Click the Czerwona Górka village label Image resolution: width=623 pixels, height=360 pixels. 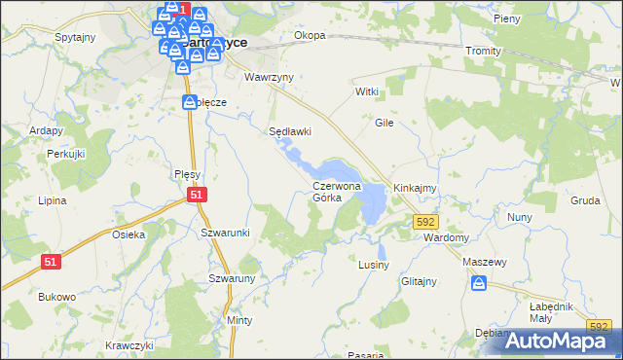point(337,191)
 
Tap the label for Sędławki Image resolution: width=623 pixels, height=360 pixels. point(290,131)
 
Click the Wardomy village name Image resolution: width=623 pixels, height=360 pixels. point(447,237)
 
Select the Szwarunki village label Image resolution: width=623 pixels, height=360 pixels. point(226,233)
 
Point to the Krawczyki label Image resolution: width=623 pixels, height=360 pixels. point(130,345)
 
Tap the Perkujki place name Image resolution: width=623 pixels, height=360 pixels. point(67,155)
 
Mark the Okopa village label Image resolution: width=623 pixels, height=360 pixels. point(310,36)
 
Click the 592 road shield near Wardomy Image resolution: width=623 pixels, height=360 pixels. point(424,222)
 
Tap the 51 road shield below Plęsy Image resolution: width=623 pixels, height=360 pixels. point(198,195)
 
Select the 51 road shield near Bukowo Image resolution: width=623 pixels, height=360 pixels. point(52,261)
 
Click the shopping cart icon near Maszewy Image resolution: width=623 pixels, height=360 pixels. point(479,283)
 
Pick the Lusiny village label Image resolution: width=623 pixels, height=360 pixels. point(374,265)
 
